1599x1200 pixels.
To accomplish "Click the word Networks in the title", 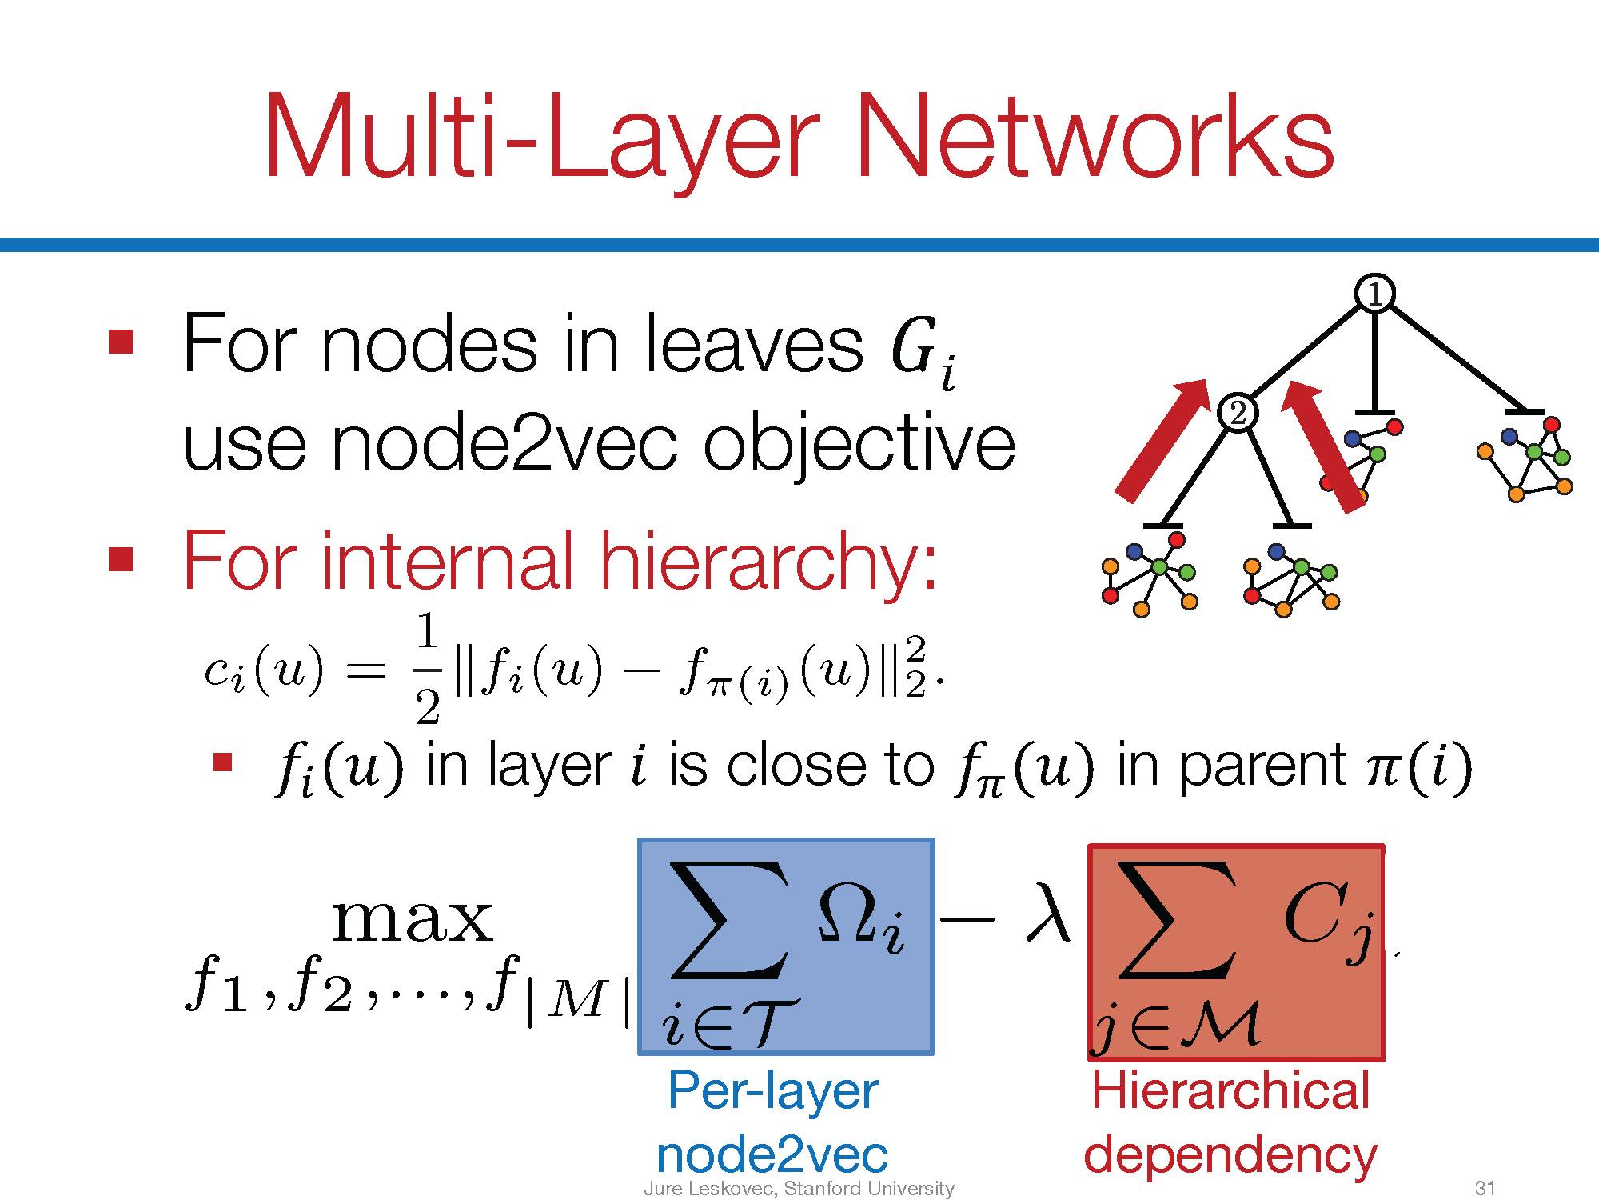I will pyautogui.click(x=1095, y=136).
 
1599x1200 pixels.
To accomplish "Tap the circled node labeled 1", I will pyautogui.click(x=1374, y=294).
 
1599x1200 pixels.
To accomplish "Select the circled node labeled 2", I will pyautogui.click(x=1237, y=414).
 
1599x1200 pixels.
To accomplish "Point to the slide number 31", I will pyautogui.click(x=1485, y=1188).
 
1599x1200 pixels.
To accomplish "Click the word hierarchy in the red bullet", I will pyautogui.click(x=768, y=562).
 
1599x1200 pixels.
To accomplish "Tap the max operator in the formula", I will pyautogui.click(x=413, y=920).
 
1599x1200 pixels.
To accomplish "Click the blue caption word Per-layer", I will pyautogui.click(x=772, y=1092).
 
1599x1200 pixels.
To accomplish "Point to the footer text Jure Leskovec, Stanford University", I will pyautogui.click(x=799, y=1189).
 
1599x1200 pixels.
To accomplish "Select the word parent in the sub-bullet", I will pyautogui.click(x=1262, y=766).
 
